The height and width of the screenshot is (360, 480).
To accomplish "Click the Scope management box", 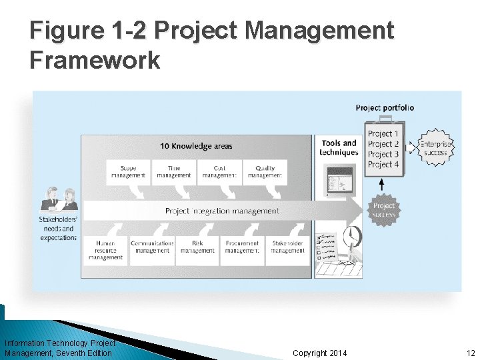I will pyautogui.click(x=128, y=172).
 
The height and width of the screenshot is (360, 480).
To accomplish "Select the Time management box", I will pyautogui.click(x=174, y=172).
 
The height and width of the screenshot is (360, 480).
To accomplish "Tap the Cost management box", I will pyautogui.click(x=219, y=172).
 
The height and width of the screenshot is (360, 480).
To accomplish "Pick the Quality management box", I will pyautogui.click(x=265, y=172).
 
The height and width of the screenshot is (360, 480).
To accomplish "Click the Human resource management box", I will pyautogui.click(x=105, y=250).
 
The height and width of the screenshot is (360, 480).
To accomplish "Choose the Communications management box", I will pyautogui.click(x=152, y=247).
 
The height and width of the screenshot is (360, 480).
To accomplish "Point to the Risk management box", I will pyautogui.click(x=197, y=247).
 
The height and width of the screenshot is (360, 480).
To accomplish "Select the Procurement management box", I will pyautogui.click(x=242, y=247).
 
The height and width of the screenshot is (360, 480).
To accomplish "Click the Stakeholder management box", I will pyautogui.click(x=288, y=247).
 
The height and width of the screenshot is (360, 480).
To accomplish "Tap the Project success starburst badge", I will pyautogui.click(x=383, y=211).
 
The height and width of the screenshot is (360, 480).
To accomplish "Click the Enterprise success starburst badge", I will pyautogui.click(x=435, y=148).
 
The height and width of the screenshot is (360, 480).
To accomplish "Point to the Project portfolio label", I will pyautogui.click(x=385, y=108).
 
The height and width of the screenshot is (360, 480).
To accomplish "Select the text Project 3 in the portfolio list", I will pyautogui.click(x=383, y=154).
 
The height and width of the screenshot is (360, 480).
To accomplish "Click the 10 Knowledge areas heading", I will pyautogui.click(x=196, y=146).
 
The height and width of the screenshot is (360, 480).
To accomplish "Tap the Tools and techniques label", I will pyautogui.click(x=339, y=147).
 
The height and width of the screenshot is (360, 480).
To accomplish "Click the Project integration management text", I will pyautogui.click(x=222, y=211).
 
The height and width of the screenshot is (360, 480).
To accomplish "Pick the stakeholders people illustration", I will pyautogui.click(x=58, y=199).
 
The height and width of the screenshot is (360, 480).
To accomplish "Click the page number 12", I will pyautogui.click(x=471, y=353).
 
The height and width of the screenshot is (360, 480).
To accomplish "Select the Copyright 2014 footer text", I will pyautogui.click(x=319, y=353).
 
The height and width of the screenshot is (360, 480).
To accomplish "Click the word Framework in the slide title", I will pyautogui.click(x=95, y=60).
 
